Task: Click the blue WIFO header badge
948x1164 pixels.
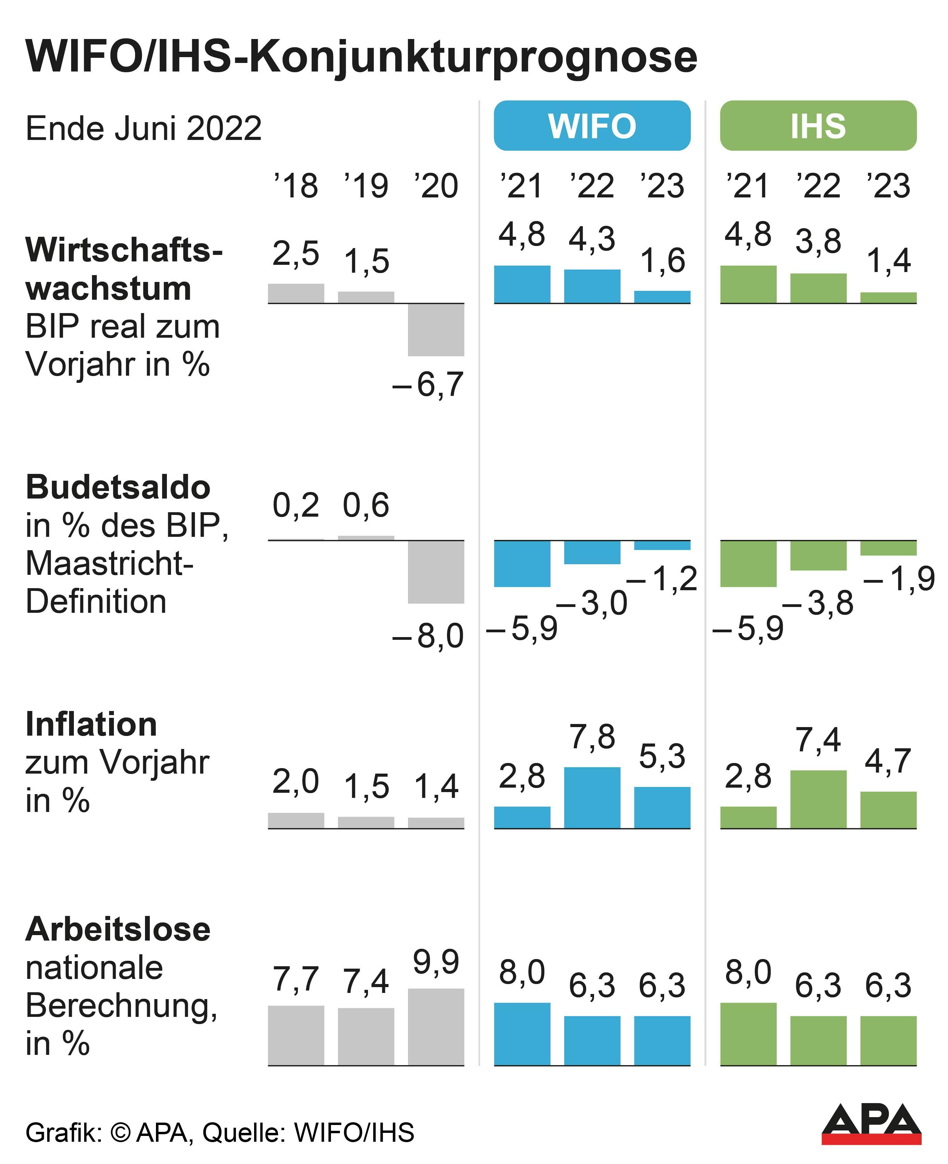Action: point(592,126)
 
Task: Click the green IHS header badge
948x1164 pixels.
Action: point(818,126)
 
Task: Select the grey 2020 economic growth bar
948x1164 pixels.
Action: point(436,330)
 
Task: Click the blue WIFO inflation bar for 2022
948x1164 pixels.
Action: point(592,798)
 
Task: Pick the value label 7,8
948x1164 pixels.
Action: point(592,736)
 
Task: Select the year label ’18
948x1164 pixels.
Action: point(295,186)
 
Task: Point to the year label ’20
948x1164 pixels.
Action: point(436,186)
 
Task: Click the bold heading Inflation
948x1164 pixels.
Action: point(91,725)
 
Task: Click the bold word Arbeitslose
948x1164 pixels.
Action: point(118,929)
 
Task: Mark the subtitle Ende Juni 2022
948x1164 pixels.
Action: point(144,129)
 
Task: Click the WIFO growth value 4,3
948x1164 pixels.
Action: point(592,239)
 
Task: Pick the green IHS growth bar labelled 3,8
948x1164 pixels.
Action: point(818,288)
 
